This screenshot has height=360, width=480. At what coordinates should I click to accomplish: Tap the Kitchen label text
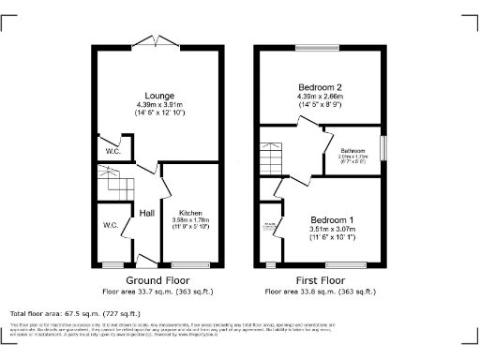pyautogui.click(x=191, y=213)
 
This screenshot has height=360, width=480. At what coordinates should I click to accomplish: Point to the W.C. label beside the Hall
pyautogui.click(x=111, y=225)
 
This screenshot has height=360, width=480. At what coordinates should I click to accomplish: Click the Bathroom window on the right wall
pyautogui.click(x=382, y=149)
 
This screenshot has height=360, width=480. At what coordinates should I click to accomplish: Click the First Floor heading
pyautogui.click(x=319, y=279)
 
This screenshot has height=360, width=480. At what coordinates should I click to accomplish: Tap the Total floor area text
pyautogui.click(x=75, y=313)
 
